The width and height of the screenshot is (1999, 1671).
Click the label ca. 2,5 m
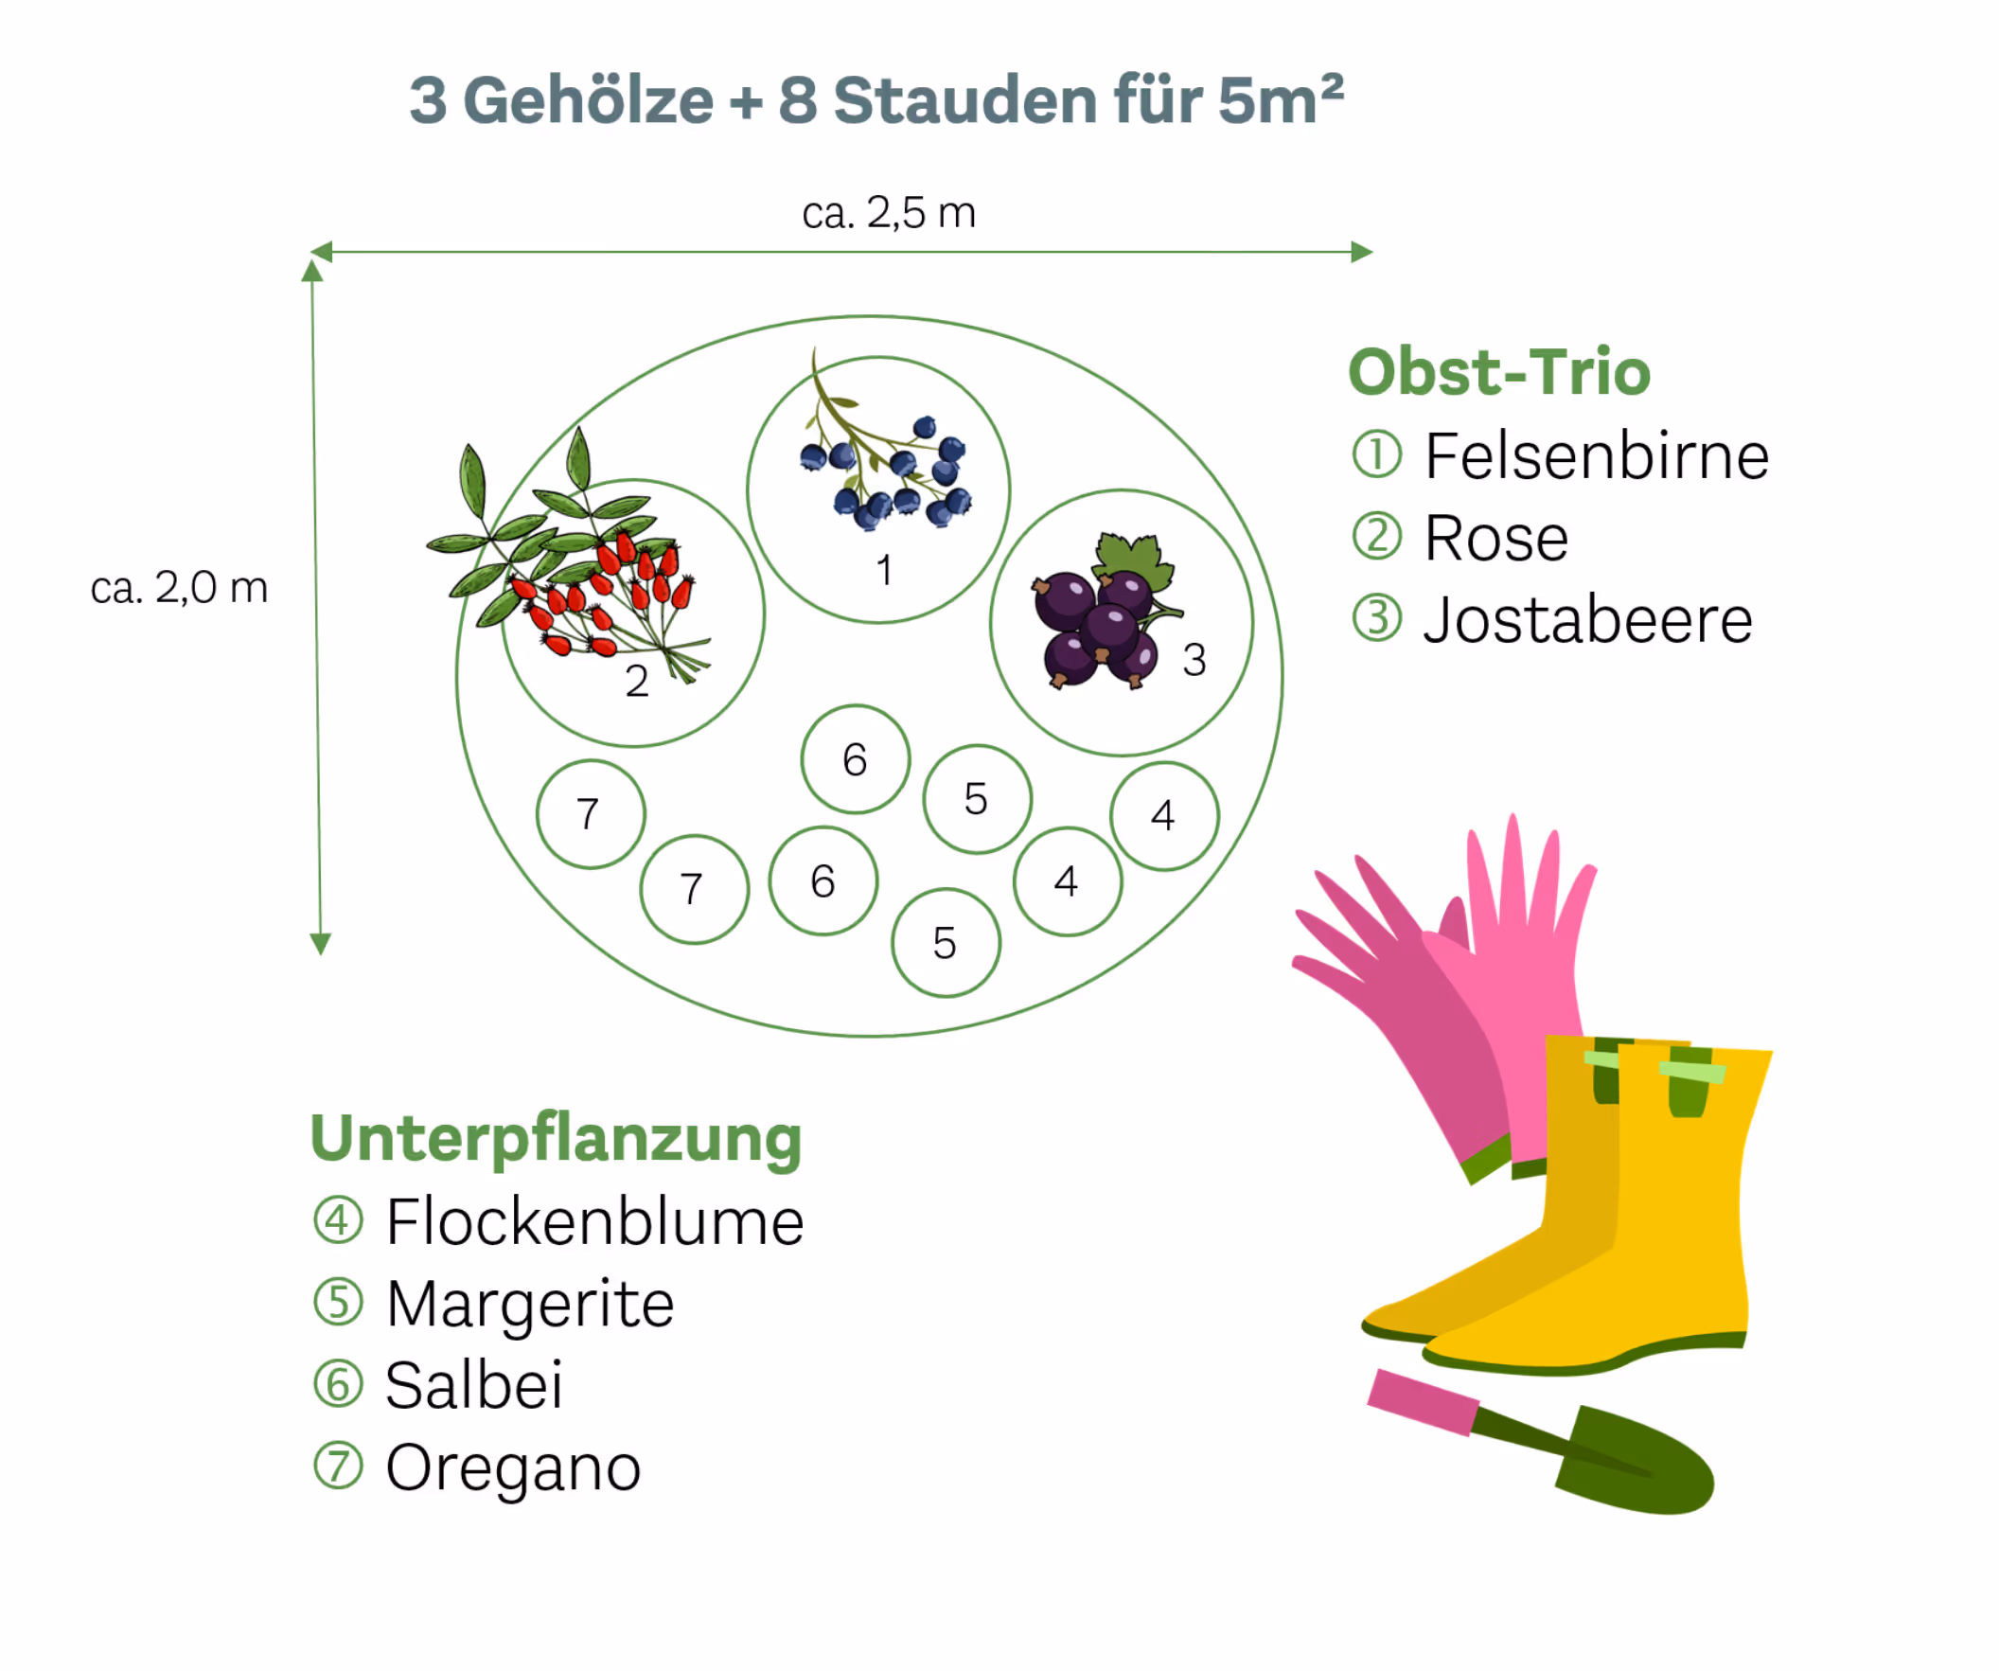(x=888, y=212)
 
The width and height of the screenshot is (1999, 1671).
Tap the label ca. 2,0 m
(x=179, y=588)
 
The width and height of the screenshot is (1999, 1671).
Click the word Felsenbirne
(x=1597, y=456)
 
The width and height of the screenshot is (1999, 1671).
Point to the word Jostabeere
(x=1587, y=620)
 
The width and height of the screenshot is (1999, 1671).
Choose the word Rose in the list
(x=1495, y=538)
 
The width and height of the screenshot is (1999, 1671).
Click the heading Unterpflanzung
(x=556, y=1139)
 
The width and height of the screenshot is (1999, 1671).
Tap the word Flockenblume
(x=595, y=1221)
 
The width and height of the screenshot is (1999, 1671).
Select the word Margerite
(x=530, y=1304)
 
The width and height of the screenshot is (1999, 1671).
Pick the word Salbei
(x=474, y=1384)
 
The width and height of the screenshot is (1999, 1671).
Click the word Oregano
(x=513, y=1467)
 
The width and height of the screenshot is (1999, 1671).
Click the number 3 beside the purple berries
(x=1194, y=660)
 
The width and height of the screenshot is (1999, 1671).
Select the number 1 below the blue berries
(x=884, y=570)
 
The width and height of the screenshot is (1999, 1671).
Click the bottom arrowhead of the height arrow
(x=321, y=944)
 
